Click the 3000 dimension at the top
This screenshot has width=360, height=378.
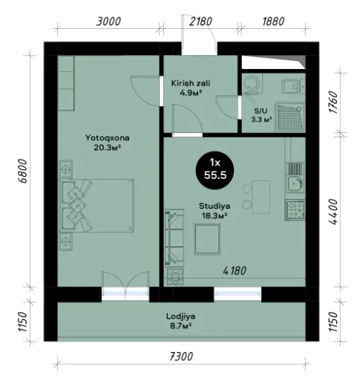108,22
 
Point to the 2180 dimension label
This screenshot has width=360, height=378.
200,22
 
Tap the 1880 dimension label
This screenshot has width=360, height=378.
273,22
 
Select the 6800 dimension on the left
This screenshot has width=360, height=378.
22,171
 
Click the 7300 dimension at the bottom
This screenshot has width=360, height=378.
181,356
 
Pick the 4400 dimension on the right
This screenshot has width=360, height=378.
333,212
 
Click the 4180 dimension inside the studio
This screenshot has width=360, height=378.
235,271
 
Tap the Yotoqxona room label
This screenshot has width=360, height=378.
108,137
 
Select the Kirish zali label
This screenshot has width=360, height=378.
191,83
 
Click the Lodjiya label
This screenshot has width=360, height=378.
180,316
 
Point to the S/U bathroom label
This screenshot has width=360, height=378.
261,111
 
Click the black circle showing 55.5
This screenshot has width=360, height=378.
215,171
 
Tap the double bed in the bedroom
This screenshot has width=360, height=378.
96,206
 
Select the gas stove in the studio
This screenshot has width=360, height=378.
295,210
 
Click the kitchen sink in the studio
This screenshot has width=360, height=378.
295,183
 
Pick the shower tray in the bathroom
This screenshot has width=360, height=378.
289,117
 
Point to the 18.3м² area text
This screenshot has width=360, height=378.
215,216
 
